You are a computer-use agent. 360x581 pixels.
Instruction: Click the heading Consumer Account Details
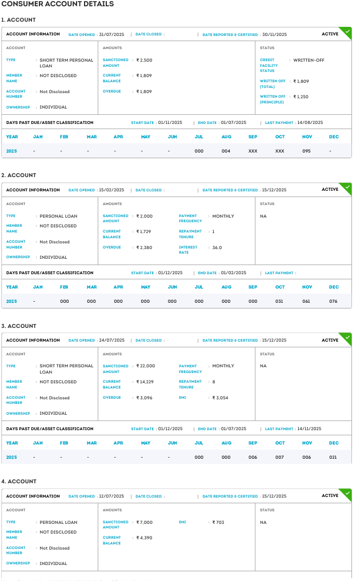click(x=58, y=4)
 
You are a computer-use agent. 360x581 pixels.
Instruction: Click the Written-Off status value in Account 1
click(x=309, y=60)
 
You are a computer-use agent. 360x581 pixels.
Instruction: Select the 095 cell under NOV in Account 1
click(x=307, y=151)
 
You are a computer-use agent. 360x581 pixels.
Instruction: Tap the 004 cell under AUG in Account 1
click(x=226, y=151)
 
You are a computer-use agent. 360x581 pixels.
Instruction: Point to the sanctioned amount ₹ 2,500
click(x=144, y=60)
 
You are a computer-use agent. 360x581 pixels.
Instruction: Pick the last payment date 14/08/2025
click(x=310, y=122)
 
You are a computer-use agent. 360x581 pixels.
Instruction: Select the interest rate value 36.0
click(x=217, y=247)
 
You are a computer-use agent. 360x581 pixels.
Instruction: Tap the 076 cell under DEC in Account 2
click(x=334, y=301)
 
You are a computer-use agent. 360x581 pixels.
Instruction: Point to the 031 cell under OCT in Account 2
click(x=279, y=301)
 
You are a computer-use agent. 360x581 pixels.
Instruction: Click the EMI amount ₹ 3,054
click(x=220, y=398)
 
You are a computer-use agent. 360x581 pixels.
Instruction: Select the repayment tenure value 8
click(x=214, y=382)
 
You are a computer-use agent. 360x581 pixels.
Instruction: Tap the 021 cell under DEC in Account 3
click(x=334, y=457)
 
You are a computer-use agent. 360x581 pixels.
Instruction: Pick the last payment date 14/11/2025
click(x=310, y=428)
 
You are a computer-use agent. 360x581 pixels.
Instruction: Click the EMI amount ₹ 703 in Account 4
click(x=218, y=522)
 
